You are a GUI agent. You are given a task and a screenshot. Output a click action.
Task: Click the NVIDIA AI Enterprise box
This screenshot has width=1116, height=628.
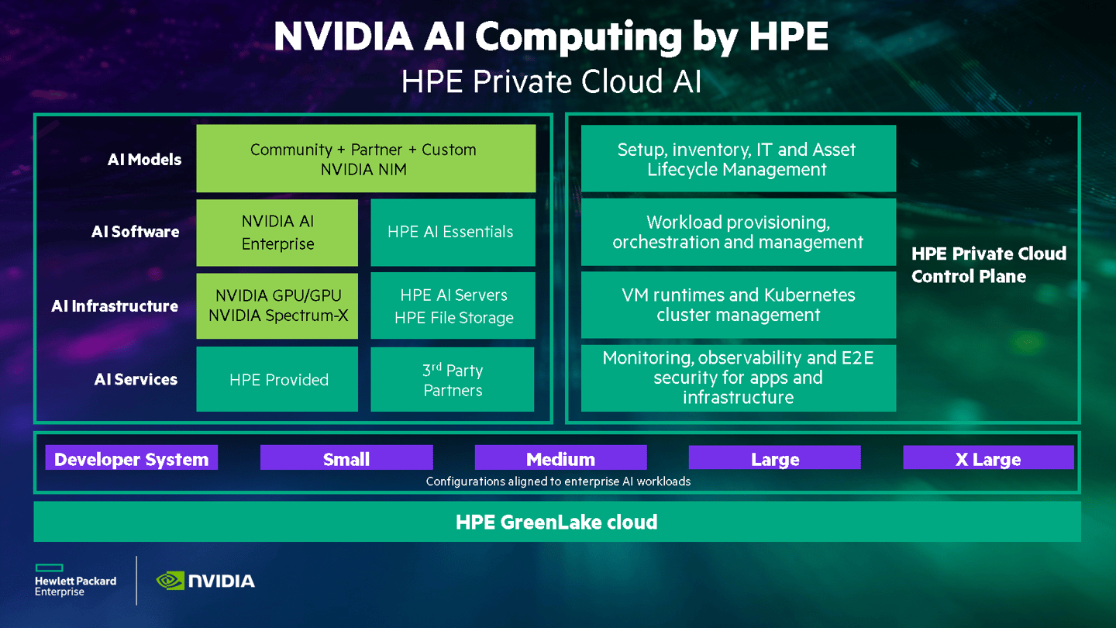pos(277,233)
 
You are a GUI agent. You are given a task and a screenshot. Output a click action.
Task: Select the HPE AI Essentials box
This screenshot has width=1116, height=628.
pos(453,233)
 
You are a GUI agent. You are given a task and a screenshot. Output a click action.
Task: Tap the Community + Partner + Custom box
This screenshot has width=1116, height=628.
pos(366,159)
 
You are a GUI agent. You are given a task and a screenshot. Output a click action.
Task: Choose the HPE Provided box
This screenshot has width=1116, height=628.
pos(277,379)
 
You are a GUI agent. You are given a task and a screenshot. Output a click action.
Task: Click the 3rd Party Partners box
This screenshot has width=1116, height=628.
pos(453,379)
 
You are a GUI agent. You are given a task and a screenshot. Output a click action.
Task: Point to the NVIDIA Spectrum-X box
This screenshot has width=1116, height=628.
pos(277,306)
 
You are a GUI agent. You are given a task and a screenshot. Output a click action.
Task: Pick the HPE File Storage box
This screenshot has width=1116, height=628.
pos(453,306)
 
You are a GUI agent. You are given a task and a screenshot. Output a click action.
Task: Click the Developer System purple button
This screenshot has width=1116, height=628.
pos(132,458)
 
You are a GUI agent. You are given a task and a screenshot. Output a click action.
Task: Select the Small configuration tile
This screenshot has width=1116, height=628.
pos(346,458)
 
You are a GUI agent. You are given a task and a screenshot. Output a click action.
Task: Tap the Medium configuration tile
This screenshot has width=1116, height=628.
pos(560,458)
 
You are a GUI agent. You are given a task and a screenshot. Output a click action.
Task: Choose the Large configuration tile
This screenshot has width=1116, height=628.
pos(774,458)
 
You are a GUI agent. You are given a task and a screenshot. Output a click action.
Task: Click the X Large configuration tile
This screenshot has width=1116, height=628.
pos(988,458)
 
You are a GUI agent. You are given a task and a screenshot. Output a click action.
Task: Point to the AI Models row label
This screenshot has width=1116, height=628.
pos(144,160)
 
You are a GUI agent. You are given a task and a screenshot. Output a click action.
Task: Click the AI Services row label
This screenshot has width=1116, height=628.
pos(136,379)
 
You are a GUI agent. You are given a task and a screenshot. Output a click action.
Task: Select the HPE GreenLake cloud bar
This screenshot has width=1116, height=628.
pos(556,522)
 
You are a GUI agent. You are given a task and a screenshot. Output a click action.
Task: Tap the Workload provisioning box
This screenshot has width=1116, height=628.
pos(738,232)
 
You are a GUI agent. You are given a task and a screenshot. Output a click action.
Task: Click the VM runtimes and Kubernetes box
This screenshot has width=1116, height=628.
pos(738,305)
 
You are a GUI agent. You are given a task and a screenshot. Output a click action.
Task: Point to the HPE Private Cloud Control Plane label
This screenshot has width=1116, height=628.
pos(989,264)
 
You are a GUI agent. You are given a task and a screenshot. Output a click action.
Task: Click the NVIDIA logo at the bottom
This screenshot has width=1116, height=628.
pos(205,581)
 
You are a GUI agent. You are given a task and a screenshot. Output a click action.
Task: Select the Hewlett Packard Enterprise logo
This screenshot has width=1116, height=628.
pos(75,581)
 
